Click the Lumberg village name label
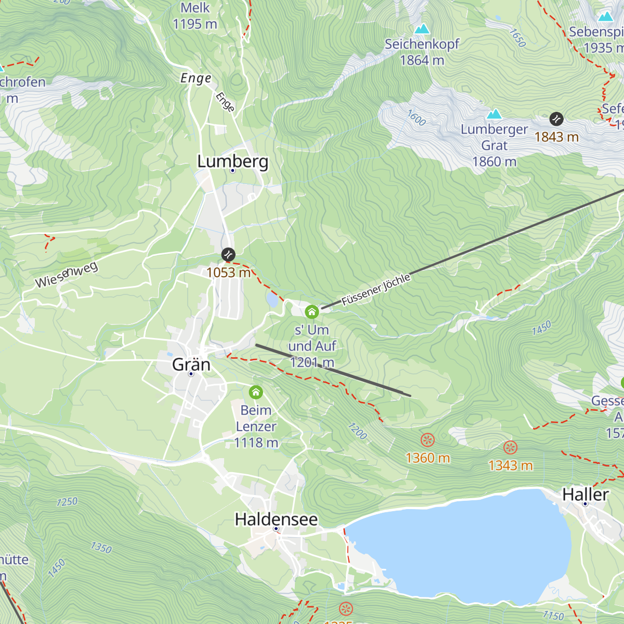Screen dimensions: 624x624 pyautogui.click(x=232, y=161)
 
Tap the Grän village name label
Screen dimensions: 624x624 pyautogui.click(x=191, y=364)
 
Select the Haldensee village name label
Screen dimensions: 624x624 pyautogui.click(x=276, y=519)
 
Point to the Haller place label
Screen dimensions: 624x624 pyautogui.click(x=585, y=495)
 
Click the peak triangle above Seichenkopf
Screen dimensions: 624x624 pyautogui.click(x=422, y=29)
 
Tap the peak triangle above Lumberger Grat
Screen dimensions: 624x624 pyautogui.click(x=493, y=113)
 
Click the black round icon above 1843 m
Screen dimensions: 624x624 pyautogui.click(x=556, y=119)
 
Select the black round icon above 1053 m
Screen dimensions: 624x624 pyautogui.click(x=228, y=255)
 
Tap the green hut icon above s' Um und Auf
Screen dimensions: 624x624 pyautogui.click(x=311, y=311)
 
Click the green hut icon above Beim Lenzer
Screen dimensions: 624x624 pyautogui.click(x=255, y=392)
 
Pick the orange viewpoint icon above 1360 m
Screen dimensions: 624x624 pyautogui.click(x=427, y=440)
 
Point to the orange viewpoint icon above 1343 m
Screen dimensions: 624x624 pyautogui.click(x=510, y=448)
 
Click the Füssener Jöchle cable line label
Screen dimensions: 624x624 pyautogui.click(x=376, y=290)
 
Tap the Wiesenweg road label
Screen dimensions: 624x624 pyautogui.click(x=66, y=276)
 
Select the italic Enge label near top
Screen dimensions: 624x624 pyautogui.click(x=196, y=79)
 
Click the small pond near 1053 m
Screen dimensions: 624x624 pyautogui.click(x=272, y=300)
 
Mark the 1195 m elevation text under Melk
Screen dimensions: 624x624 pyautogui.click(x=194, y=24)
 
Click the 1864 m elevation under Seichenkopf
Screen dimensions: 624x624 pyautogui.click(x=422, y=60)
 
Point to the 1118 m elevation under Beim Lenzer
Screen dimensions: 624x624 pyautogui.click(x=256, y=443)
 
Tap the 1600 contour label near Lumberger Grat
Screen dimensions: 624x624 pyautogui.click(x=416, y=118)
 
